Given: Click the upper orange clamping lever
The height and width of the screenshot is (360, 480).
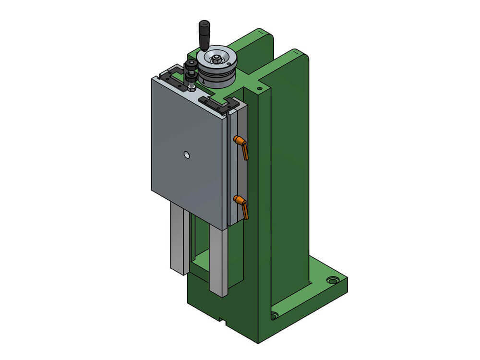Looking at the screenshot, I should pos(241,145).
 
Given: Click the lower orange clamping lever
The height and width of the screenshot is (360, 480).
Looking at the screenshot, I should pos(241,205).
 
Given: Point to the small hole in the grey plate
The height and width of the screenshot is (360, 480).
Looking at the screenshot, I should pos(187,155).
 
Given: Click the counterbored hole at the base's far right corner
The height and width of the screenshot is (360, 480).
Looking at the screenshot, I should pos(331,279).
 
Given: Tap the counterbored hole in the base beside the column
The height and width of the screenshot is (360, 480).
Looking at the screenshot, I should pos(274,315).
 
